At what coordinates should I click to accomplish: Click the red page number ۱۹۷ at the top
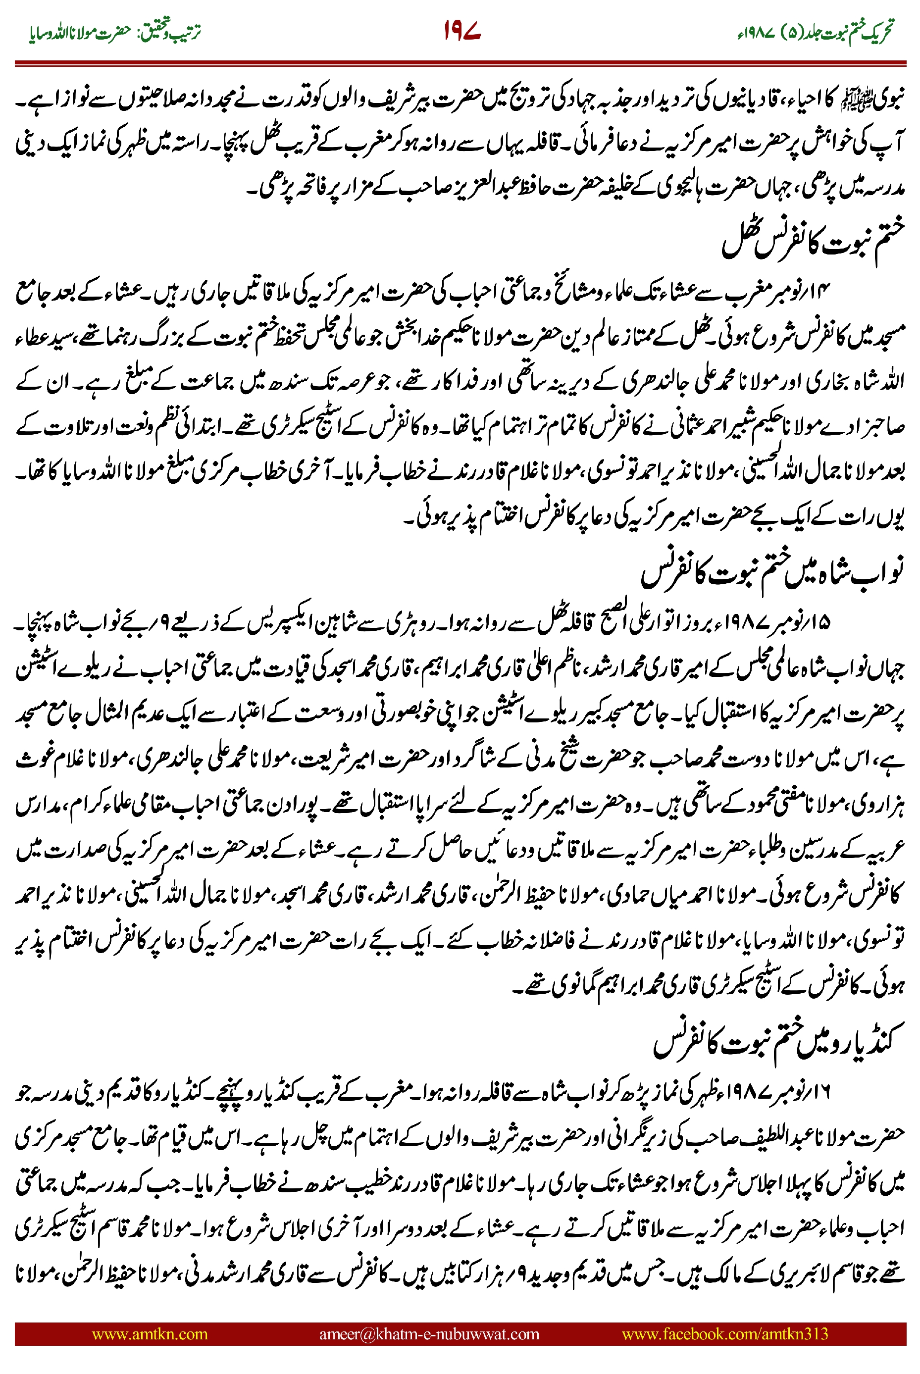[462, 31]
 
